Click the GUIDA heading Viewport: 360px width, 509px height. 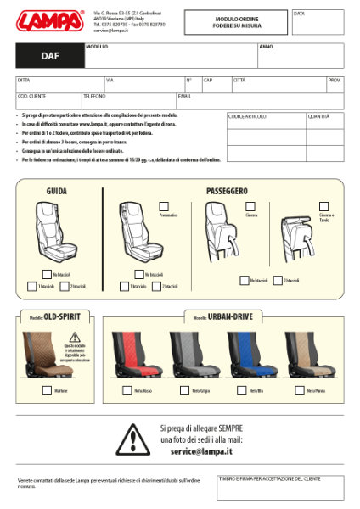(x=57, y=192)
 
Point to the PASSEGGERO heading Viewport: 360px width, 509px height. (x=227, y=192)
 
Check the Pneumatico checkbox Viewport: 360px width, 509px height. (x=164, y=206)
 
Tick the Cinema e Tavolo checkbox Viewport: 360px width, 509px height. (x=323, y=206)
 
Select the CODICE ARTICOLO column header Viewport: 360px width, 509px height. (x=247, y=116)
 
